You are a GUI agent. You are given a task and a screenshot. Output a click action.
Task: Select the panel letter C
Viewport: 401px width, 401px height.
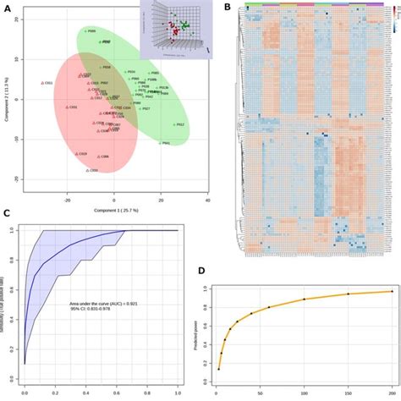point(7,213)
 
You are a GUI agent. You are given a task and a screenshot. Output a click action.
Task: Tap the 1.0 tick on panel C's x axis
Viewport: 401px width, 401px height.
point(177,393)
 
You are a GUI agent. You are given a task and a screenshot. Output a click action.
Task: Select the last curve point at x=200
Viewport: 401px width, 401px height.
point(392,291)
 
